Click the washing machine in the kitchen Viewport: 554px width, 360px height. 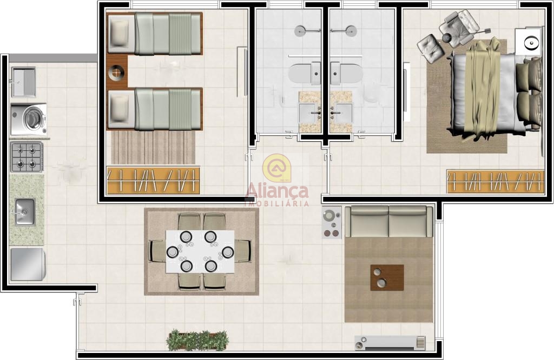coord(29,119)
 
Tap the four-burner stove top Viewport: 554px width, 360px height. coord(27,157)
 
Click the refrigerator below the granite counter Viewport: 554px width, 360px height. coord(28,264)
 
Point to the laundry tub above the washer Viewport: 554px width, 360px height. coord(24,82)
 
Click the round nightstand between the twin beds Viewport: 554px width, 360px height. coord(117,74)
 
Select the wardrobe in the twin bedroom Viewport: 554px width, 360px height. coord(153,181)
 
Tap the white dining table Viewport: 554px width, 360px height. coord(200,252)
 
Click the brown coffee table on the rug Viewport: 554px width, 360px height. coord(387,278)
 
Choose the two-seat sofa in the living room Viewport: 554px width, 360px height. coord(388,222)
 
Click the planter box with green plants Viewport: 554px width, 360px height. coord(197,340)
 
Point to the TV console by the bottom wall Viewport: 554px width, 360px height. coord(390,343)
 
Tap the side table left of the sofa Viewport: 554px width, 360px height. coord(332,223)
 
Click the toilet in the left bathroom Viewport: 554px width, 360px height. coord(304,73)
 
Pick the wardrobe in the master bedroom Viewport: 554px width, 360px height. coord(496,182)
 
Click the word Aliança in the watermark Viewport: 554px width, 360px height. coord(277,191)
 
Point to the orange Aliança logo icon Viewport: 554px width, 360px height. coord(276,168)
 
